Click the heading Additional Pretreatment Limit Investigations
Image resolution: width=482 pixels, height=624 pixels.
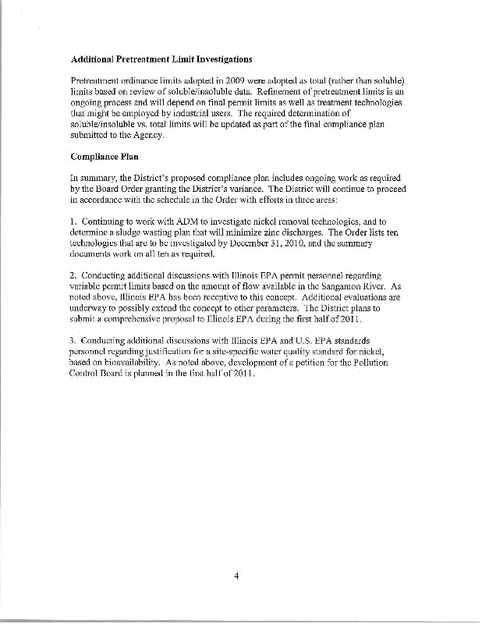[161, 58]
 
